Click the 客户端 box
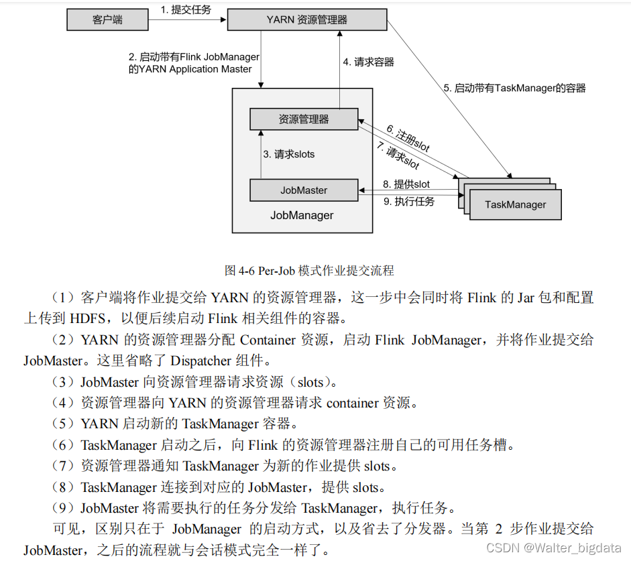107,19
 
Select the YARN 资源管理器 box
307,19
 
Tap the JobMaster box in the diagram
304,190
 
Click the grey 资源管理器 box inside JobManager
304,119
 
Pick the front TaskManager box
516,204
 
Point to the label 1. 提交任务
186,9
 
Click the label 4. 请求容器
369,62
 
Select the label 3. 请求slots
289,154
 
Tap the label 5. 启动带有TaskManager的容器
515,88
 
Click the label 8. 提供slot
406,184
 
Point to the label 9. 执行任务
409,201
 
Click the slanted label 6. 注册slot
408,138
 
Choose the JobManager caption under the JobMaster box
302,215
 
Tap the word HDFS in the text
88,318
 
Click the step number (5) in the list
62,424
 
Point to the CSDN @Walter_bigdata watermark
554,548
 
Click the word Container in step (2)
268,340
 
